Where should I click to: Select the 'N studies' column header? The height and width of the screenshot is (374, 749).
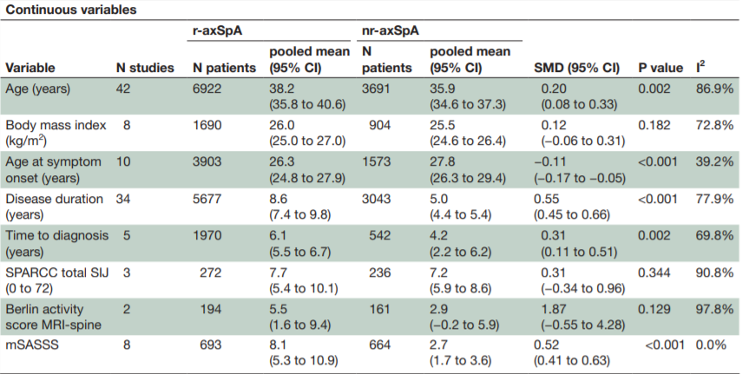(145, 68)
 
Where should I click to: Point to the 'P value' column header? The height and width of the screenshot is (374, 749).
(660, 68)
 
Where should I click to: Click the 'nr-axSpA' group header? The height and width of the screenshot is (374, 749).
(390, 30)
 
